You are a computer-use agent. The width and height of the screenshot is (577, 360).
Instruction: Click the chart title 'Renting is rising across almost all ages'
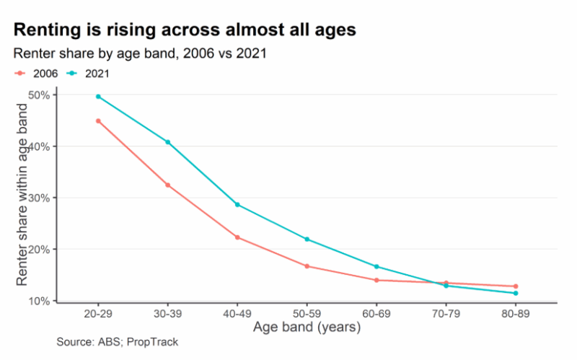185,30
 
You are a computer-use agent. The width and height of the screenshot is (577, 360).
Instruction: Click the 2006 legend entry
37,73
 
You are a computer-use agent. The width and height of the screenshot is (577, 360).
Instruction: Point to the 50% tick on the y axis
38,95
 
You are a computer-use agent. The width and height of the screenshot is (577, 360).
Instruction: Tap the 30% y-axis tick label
38,198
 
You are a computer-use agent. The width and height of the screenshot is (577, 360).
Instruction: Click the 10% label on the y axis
38,301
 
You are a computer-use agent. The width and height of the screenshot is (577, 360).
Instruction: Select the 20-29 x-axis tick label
98,315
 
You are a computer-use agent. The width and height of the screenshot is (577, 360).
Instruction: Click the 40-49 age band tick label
237,315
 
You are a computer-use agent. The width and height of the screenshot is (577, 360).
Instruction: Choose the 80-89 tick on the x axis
516,315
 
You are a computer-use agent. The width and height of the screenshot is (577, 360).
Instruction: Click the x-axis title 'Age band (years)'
307,328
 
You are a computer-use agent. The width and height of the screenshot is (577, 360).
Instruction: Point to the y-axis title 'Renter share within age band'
22,194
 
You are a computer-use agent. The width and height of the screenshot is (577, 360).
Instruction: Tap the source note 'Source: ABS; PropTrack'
117,342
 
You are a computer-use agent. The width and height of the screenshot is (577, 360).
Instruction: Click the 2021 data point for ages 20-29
98,97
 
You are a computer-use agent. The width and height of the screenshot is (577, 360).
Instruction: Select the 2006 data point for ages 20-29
98,121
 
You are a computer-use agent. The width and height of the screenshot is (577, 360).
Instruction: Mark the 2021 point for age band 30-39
168,142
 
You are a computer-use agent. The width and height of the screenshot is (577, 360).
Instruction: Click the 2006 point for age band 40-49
237,237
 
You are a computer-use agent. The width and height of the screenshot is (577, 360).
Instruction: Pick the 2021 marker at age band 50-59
307,240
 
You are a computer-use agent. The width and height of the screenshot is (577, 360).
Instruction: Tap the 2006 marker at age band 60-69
376,280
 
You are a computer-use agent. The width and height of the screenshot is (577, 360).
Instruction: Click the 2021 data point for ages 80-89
516,293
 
